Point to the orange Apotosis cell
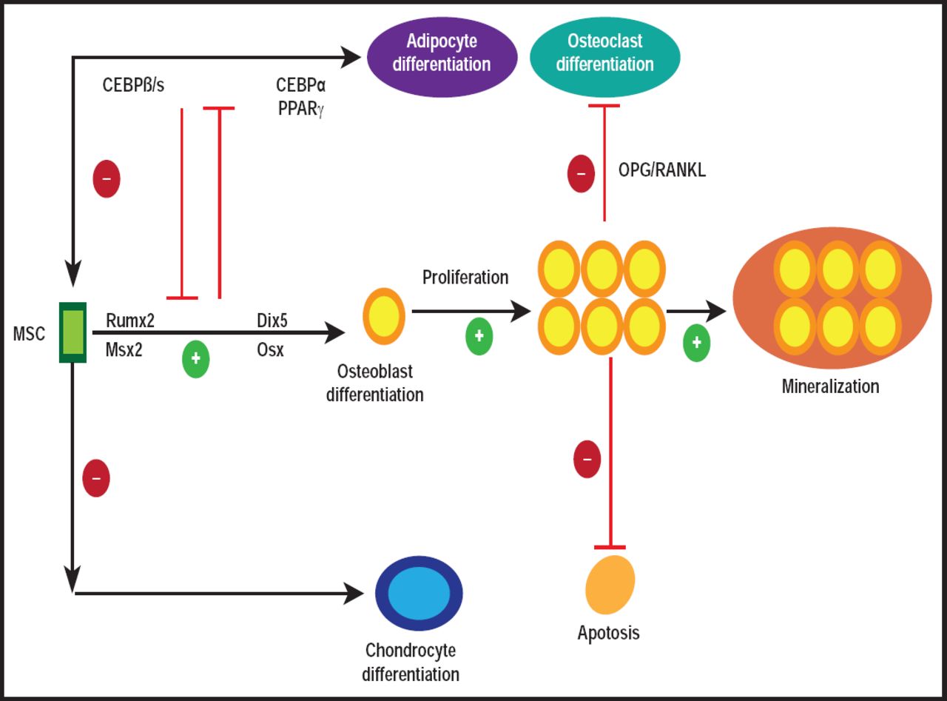610,585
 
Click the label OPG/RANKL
661,171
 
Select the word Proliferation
465,278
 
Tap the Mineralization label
830,386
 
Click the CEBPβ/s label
133,85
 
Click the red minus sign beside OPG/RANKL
581,174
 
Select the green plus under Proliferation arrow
479,336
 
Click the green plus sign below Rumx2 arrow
196,358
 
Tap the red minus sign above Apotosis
587,459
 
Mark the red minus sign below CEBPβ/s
107,179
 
